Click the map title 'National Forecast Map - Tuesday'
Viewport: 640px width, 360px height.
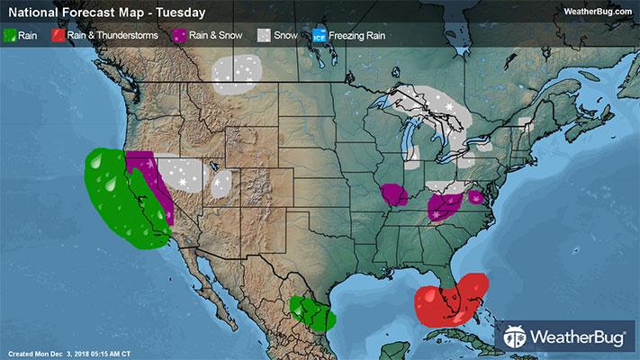[105, 13]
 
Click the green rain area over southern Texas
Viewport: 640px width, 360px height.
[311, 315]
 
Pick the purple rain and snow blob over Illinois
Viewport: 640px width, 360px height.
[393, 193]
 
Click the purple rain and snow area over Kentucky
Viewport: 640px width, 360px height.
[445, 206]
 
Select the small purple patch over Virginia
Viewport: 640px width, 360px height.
[476, 197]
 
